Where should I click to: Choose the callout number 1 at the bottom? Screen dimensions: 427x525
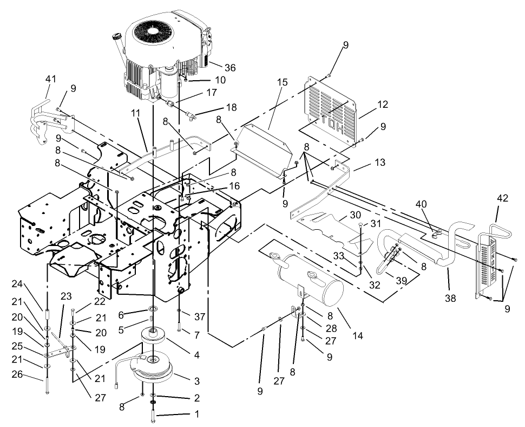coord(196,415)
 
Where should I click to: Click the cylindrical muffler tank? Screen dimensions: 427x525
coord(311,281)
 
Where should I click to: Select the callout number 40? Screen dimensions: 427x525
coord(421,204)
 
